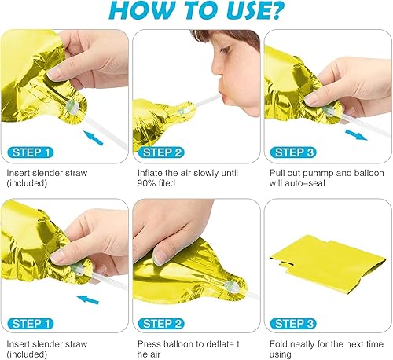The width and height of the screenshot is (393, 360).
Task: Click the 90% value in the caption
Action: (x=146, y=182)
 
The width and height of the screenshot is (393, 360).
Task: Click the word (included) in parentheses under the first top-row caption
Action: (x=27, y=182)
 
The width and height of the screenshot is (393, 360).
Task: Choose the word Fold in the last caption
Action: (x=276, y=343)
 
